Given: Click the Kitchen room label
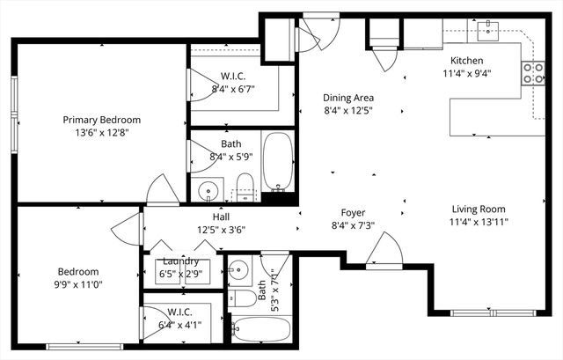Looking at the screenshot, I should pos(466,61).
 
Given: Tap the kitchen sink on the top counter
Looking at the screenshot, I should pos(486,32).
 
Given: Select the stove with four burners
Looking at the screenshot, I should pos(533,73).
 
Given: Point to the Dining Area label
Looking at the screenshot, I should pos(349,98).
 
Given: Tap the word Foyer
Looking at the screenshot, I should pos(353,213).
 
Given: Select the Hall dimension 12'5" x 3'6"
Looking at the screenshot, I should pos(220,230).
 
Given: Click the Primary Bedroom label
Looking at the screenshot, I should pos(101,120).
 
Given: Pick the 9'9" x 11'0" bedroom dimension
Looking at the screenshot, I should pos(78,285).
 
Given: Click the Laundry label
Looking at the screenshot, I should pos(179,261).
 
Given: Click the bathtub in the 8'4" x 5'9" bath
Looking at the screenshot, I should pos(279,162).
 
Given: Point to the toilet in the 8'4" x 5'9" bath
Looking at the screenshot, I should pos(245,185).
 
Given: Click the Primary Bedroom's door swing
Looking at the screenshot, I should pos(164,191).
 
